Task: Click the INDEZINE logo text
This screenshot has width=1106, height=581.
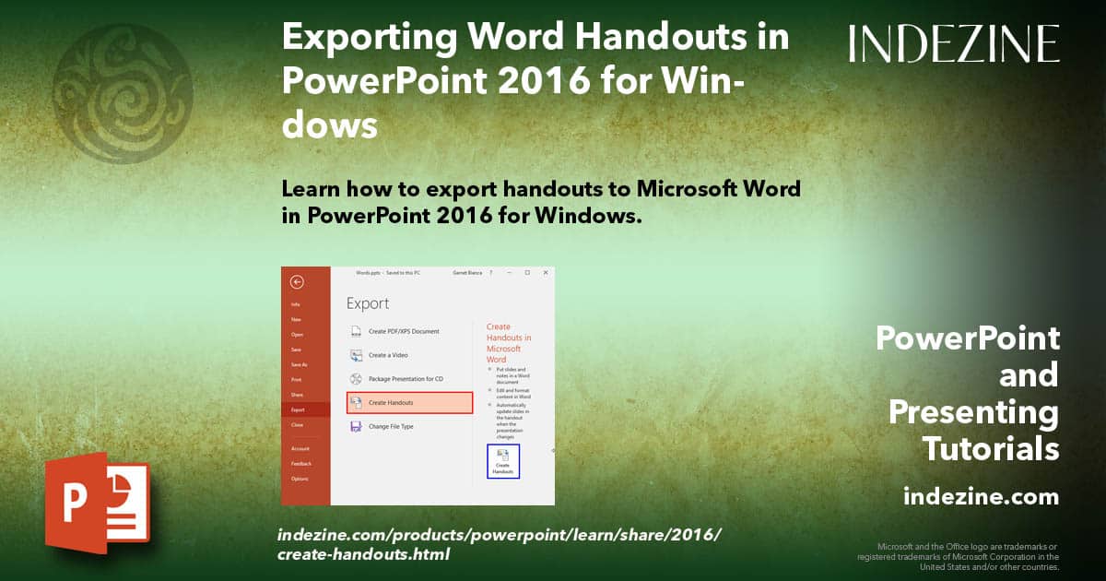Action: click(954, 43)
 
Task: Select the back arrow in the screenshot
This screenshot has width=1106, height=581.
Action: click(297, 282)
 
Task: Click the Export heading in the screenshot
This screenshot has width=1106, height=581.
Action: click(368, 303)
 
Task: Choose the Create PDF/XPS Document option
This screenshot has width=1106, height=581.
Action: click(404, 331)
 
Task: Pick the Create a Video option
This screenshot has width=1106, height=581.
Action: click(388, 355)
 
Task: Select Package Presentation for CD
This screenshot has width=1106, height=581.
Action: click(406, 379)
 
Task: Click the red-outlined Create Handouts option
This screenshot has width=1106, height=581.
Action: click(409, 403)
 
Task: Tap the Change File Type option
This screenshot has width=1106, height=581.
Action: click(392, 427)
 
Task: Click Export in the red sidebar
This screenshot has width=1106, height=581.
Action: click(298, 409)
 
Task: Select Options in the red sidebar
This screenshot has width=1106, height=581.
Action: click(300, 479)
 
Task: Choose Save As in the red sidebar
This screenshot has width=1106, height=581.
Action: click(300, 365)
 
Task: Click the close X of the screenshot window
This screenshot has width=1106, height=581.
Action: click(546, 273)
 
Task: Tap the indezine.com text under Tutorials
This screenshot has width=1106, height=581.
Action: click(981, 497)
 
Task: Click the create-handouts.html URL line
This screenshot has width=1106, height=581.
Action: click(363, 554)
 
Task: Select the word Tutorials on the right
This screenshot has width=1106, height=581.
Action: click(990, 449)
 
